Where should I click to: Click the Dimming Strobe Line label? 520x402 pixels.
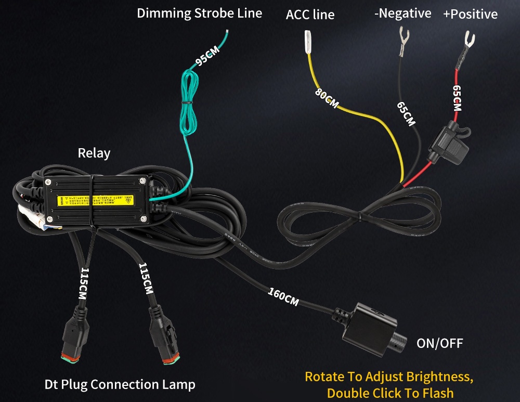pos(199,14)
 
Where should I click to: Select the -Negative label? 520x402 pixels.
pos(402,14)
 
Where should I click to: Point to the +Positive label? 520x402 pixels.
pos(470,14)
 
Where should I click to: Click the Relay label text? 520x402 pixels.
pos(94,153)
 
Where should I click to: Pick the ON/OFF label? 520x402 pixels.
pos(439,343)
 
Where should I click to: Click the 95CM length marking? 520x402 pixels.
pos(207,57)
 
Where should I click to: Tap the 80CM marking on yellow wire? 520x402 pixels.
pos(327,99)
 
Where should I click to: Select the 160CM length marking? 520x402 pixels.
pos(283,296)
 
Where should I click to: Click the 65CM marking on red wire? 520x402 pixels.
pos(457,98)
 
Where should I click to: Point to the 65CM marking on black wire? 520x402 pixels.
pos(406,114)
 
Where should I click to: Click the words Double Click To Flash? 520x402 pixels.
pos(390,393)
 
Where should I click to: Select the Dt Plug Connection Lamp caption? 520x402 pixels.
pos(120,385)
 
